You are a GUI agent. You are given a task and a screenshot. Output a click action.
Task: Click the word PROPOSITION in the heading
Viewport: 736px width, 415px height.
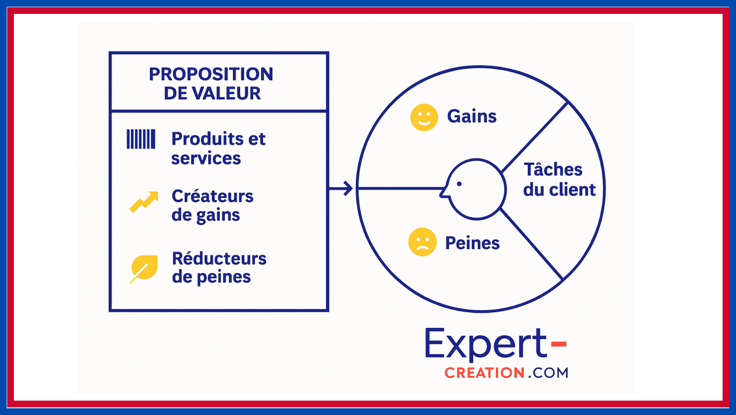[211, 74]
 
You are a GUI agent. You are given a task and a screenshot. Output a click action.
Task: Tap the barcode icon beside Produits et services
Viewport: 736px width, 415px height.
[141, 139]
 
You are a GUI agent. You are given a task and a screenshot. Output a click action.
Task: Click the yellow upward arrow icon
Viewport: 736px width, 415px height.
[144, 202]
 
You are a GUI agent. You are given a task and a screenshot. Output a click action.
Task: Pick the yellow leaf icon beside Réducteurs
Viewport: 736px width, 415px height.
[144, 269]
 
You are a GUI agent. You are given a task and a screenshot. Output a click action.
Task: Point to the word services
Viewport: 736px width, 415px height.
[206, 158]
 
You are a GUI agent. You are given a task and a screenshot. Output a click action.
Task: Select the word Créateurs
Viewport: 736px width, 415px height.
[212, 196]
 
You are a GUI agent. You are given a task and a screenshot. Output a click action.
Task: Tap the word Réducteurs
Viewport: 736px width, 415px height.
[219, 259]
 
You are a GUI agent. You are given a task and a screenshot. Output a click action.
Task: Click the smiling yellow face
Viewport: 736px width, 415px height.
[424, 118]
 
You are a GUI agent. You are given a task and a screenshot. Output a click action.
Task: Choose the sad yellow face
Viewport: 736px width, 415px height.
[422, 242]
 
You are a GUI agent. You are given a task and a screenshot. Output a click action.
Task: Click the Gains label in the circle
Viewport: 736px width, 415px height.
[472, 116]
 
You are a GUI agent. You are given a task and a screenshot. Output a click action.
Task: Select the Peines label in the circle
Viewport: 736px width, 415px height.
[472, 243]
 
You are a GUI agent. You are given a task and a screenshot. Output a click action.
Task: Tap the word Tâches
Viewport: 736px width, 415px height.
[553, 169]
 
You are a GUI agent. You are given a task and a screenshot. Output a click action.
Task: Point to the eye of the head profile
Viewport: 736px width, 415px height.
[459, 184]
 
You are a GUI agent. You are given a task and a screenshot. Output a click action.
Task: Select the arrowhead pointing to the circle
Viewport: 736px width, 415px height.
[348, 188]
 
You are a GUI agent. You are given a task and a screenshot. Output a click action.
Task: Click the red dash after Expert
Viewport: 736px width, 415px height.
[559, 344]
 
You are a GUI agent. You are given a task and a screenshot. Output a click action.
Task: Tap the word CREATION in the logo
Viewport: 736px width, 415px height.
[484, 373]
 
